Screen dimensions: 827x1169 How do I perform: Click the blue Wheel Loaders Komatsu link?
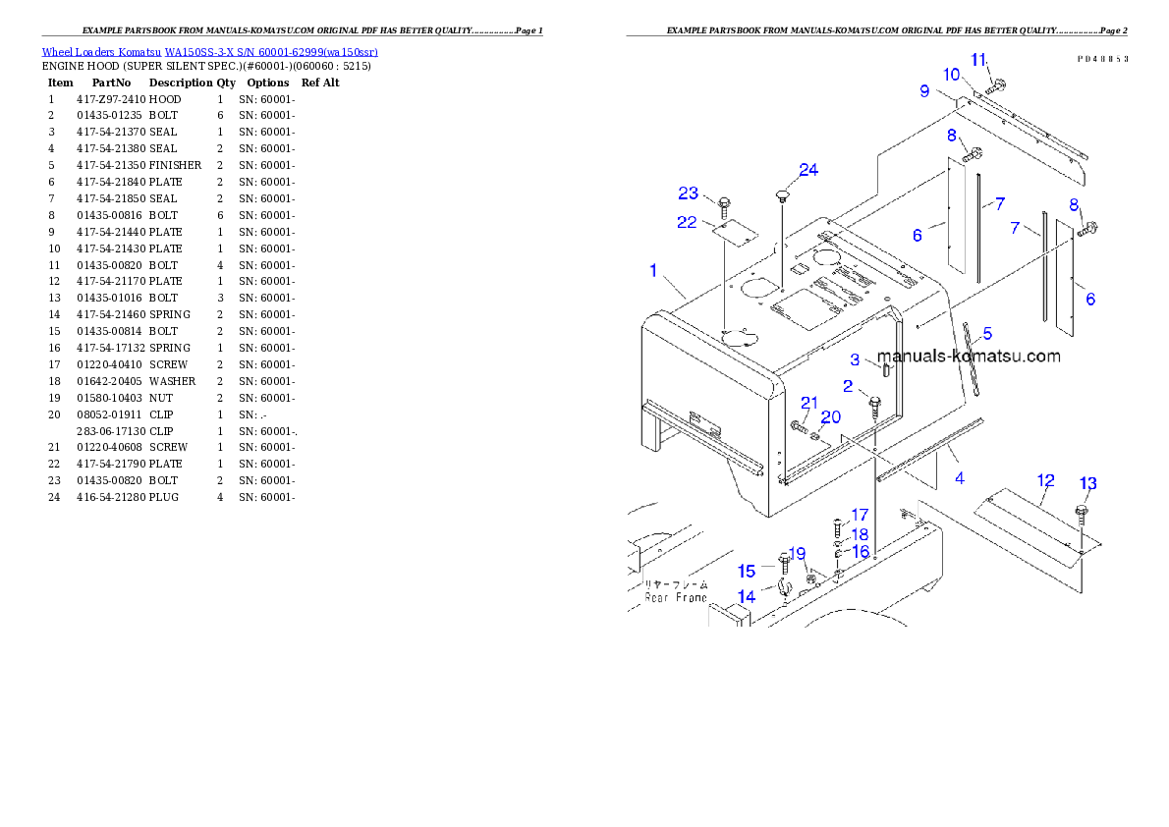click(209, 52)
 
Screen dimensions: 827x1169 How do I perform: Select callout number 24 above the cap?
click(807, 170)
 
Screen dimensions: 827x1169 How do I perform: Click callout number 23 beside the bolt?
click(688, 193)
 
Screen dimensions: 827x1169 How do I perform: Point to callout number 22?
click(687, 223)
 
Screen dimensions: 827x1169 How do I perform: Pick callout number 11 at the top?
click(978, 60)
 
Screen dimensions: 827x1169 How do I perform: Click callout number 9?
click(924, 91)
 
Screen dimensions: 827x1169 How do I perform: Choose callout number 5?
click(987, 334)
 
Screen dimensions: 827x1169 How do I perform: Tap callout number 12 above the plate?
click(1046, 480)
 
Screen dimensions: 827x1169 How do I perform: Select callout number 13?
click(1088, 483)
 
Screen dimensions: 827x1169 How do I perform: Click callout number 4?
click(959, 478)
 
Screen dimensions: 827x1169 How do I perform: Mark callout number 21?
click(809, 403)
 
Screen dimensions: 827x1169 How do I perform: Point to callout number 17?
click(860, 515)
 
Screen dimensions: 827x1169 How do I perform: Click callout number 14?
click(747, 596)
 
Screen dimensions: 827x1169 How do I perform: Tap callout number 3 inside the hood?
click(855, 360)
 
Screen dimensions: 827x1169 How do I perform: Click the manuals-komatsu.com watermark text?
click(968, 357)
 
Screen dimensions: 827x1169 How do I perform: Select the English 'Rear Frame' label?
click(676, 597)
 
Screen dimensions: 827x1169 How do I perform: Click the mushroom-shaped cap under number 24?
click(783, 195)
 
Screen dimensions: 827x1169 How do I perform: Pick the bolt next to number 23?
click(724, 206)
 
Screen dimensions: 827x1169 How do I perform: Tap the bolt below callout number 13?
click(1083, 513)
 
